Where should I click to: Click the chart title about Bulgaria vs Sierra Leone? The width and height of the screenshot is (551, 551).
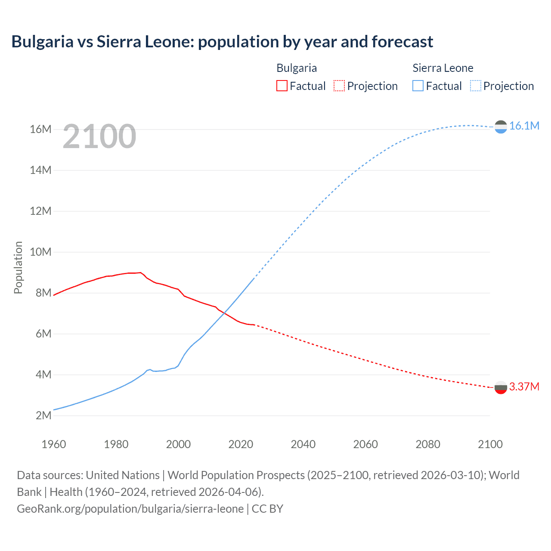click(x=222, y=42)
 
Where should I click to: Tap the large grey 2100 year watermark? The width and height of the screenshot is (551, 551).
click(x=99, y=136)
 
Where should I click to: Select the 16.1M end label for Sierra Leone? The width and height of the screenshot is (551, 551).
click(x=524, y=126)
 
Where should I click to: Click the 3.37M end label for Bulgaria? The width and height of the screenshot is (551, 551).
click(x=524, y=387)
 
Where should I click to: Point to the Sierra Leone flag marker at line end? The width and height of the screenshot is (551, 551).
click(x=501, y=127)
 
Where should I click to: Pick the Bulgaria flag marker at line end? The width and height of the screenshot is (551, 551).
click(x=501, y=387)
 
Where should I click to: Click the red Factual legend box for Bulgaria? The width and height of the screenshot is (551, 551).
click(x=282, y=86)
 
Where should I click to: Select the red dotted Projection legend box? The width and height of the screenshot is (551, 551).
click(x=339, y=86)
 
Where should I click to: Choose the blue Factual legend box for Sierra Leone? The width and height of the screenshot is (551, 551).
click(x=418, y=86)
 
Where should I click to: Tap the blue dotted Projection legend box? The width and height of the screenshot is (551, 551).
click(x=475, y=86)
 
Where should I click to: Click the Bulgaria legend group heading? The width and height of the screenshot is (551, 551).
click(x=297, y=68)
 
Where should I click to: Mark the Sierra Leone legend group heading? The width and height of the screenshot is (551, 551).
click(x=443, y=68)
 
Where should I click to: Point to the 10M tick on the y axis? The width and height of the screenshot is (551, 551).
click(x=41, y=252)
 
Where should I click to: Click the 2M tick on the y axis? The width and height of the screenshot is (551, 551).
click(x=43, y=415)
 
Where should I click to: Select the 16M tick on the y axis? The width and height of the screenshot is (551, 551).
click(x=41, y=129)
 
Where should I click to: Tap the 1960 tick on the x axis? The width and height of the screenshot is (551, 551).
click(x=54, y=444)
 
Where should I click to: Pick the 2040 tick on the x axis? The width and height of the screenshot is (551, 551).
click(x=303, y=444)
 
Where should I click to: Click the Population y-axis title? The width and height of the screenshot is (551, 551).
click(x=18, y=267)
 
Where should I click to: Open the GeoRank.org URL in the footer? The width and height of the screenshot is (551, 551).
click(x=130, y=509)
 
